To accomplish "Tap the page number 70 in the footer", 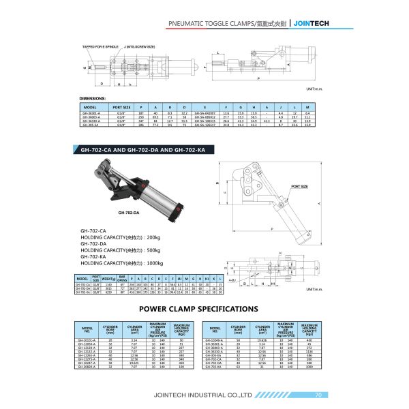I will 318,395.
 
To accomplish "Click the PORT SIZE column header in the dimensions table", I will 122,107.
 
